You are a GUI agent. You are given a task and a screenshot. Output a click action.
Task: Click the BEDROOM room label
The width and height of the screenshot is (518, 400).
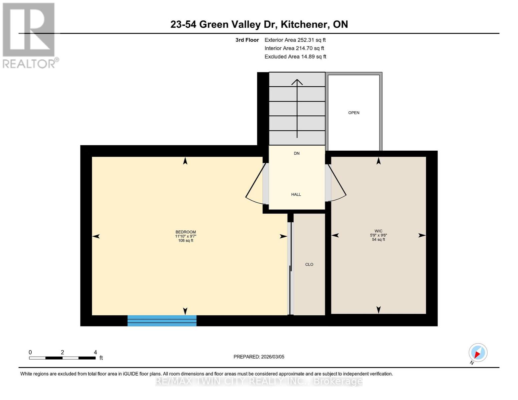pyautogui.click(x=185, y=232)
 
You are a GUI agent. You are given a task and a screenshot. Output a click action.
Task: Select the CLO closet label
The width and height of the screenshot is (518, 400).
pyautogui.click(x=309, y=264)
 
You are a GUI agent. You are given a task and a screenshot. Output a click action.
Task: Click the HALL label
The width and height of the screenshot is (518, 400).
pyautogui.click(x=296, y=194)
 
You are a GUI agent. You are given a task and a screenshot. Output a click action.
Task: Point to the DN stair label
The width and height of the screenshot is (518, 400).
pyautogui.click(x=296, y=153)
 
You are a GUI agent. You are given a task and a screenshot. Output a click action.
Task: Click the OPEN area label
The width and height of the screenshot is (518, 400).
pyautogui.click(x=354, y=113)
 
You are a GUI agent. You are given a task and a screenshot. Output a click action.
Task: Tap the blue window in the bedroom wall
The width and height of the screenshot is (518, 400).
pyautogui.click(x=162, y=321)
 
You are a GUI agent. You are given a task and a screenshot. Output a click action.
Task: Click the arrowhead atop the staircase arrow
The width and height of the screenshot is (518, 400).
pyautogui.click(x=297, y=82)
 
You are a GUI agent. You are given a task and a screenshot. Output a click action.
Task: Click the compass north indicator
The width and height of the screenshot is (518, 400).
pyautogui.click(x=478, y=353)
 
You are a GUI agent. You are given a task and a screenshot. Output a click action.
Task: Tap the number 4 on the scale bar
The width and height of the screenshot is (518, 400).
pyautogui.click(x=95, y=352)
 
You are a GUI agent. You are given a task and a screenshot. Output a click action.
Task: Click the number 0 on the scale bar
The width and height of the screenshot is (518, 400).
pyautogui.click(x=30, y=352)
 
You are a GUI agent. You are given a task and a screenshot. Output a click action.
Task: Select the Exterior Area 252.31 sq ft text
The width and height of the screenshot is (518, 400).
pyautogui.click(x=295, y=40)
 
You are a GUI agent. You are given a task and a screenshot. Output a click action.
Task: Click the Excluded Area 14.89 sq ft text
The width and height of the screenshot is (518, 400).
pyautogui.click(x=295, y=57)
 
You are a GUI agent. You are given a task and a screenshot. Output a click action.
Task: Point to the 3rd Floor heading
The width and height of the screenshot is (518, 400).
pyautogui.click(x=247, y=40)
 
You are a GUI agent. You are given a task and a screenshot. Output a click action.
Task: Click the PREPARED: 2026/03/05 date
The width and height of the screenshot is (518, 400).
pyautogui.click(x=259, y=357)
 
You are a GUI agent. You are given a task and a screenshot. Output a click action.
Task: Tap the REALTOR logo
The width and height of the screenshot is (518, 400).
pyautogui.click(x=29, y=35)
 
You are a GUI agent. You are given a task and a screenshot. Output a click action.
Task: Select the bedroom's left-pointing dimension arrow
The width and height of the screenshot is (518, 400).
pyautogui.click(x=96, y=236)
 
